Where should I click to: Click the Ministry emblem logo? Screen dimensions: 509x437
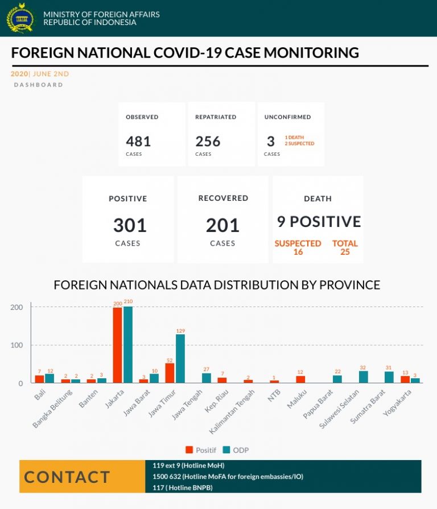tap(20, 18)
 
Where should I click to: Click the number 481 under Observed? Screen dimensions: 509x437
tap(138, 141)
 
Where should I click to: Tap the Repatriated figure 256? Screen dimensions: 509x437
tap(208, 141)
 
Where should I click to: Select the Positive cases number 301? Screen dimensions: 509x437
tap(130, 225)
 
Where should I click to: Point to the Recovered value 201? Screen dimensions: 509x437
tap(222, 225)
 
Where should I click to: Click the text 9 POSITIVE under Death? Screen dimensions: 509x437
tap(319, 221)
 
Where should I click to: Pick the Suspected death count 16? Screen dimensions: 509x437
tap(298, 252)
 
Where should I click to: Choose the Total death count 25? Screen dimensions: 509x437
tap(345, 252)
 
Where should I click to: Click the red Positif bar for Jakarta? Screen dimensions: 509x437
tap(117, 345)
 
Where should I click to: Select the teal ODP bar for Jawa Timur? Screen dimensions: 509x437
tap(180, 359)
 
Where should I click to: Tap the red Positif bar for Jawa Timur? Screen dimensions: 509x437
tap(170, 373)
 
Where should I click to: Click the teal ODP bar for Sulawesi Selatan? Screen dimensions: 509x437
tap(363, 377)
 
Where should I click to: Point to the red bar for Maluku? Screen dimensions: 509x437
tap(300, 379)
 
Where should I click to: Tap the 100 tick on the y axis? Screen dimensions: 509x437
tap(18, 345)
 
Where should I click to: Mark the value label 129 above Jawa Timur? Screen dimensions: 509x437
tap(180, 330)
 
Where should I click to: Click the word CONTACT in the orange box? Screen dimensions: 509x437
tap(67, 477)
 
